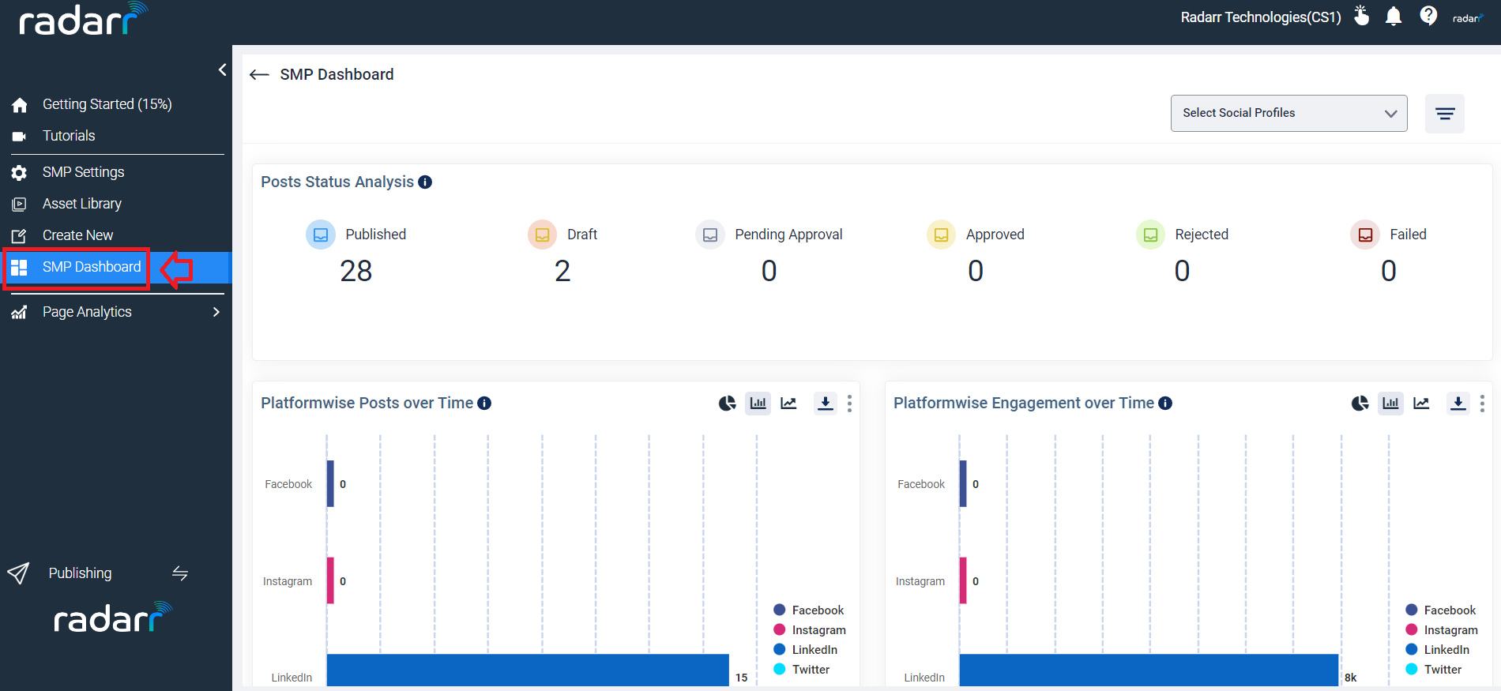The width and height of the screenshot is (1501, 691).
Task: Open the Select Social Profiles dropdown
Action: (1288, 113)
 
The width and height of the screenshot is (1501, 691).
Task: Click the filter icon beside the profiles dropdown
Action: (1445, 114)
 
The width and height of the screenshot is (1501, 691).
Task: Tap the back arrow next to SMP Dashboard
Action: (259, 75)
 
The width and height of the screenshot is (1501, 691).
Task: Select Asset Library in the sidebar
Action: (81, 204)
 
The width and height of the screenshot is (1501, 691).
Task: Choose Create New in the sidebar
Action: (77, 235)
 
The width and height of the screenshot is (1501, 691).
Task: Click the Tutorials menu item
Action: (69, 136)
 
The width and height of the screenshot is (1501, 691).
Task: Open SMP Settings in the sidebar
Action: (83, 172)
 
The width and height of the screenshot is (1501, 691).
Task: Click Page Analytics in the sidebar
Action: (87, 312)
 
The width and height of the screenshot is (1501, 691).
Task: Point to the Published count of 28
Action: (356, 271)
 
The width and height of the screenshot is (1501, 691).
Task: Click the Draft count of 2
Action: (562, 271)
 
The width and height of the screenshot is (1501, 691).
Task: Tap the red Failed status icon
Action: (1365, 235)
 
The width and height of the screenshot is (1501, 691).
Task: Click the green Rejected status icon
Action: (1150, 235)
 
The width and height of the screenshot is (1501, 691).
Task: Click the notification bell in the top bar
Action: (1394, 17)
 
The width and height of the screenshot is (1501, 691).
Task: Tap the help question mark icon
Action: (1428, 16)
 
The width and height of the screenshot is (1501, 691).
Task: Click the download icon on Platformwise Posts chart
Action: (826, 404)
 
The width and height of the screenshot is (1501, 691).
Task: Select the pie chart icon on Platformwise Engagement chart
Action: (1360, 404)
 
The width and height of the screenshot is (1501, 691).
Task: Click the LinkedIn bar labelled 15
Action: (527, 670)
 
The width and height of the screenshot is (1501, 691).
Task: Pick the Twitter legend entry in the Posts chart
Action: (811, 670)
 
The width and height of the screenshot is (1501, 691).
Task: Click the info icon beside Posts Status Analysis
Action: (425, 182)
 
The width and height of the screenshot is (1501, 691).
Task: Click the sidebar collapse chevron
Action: (222, 69)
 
